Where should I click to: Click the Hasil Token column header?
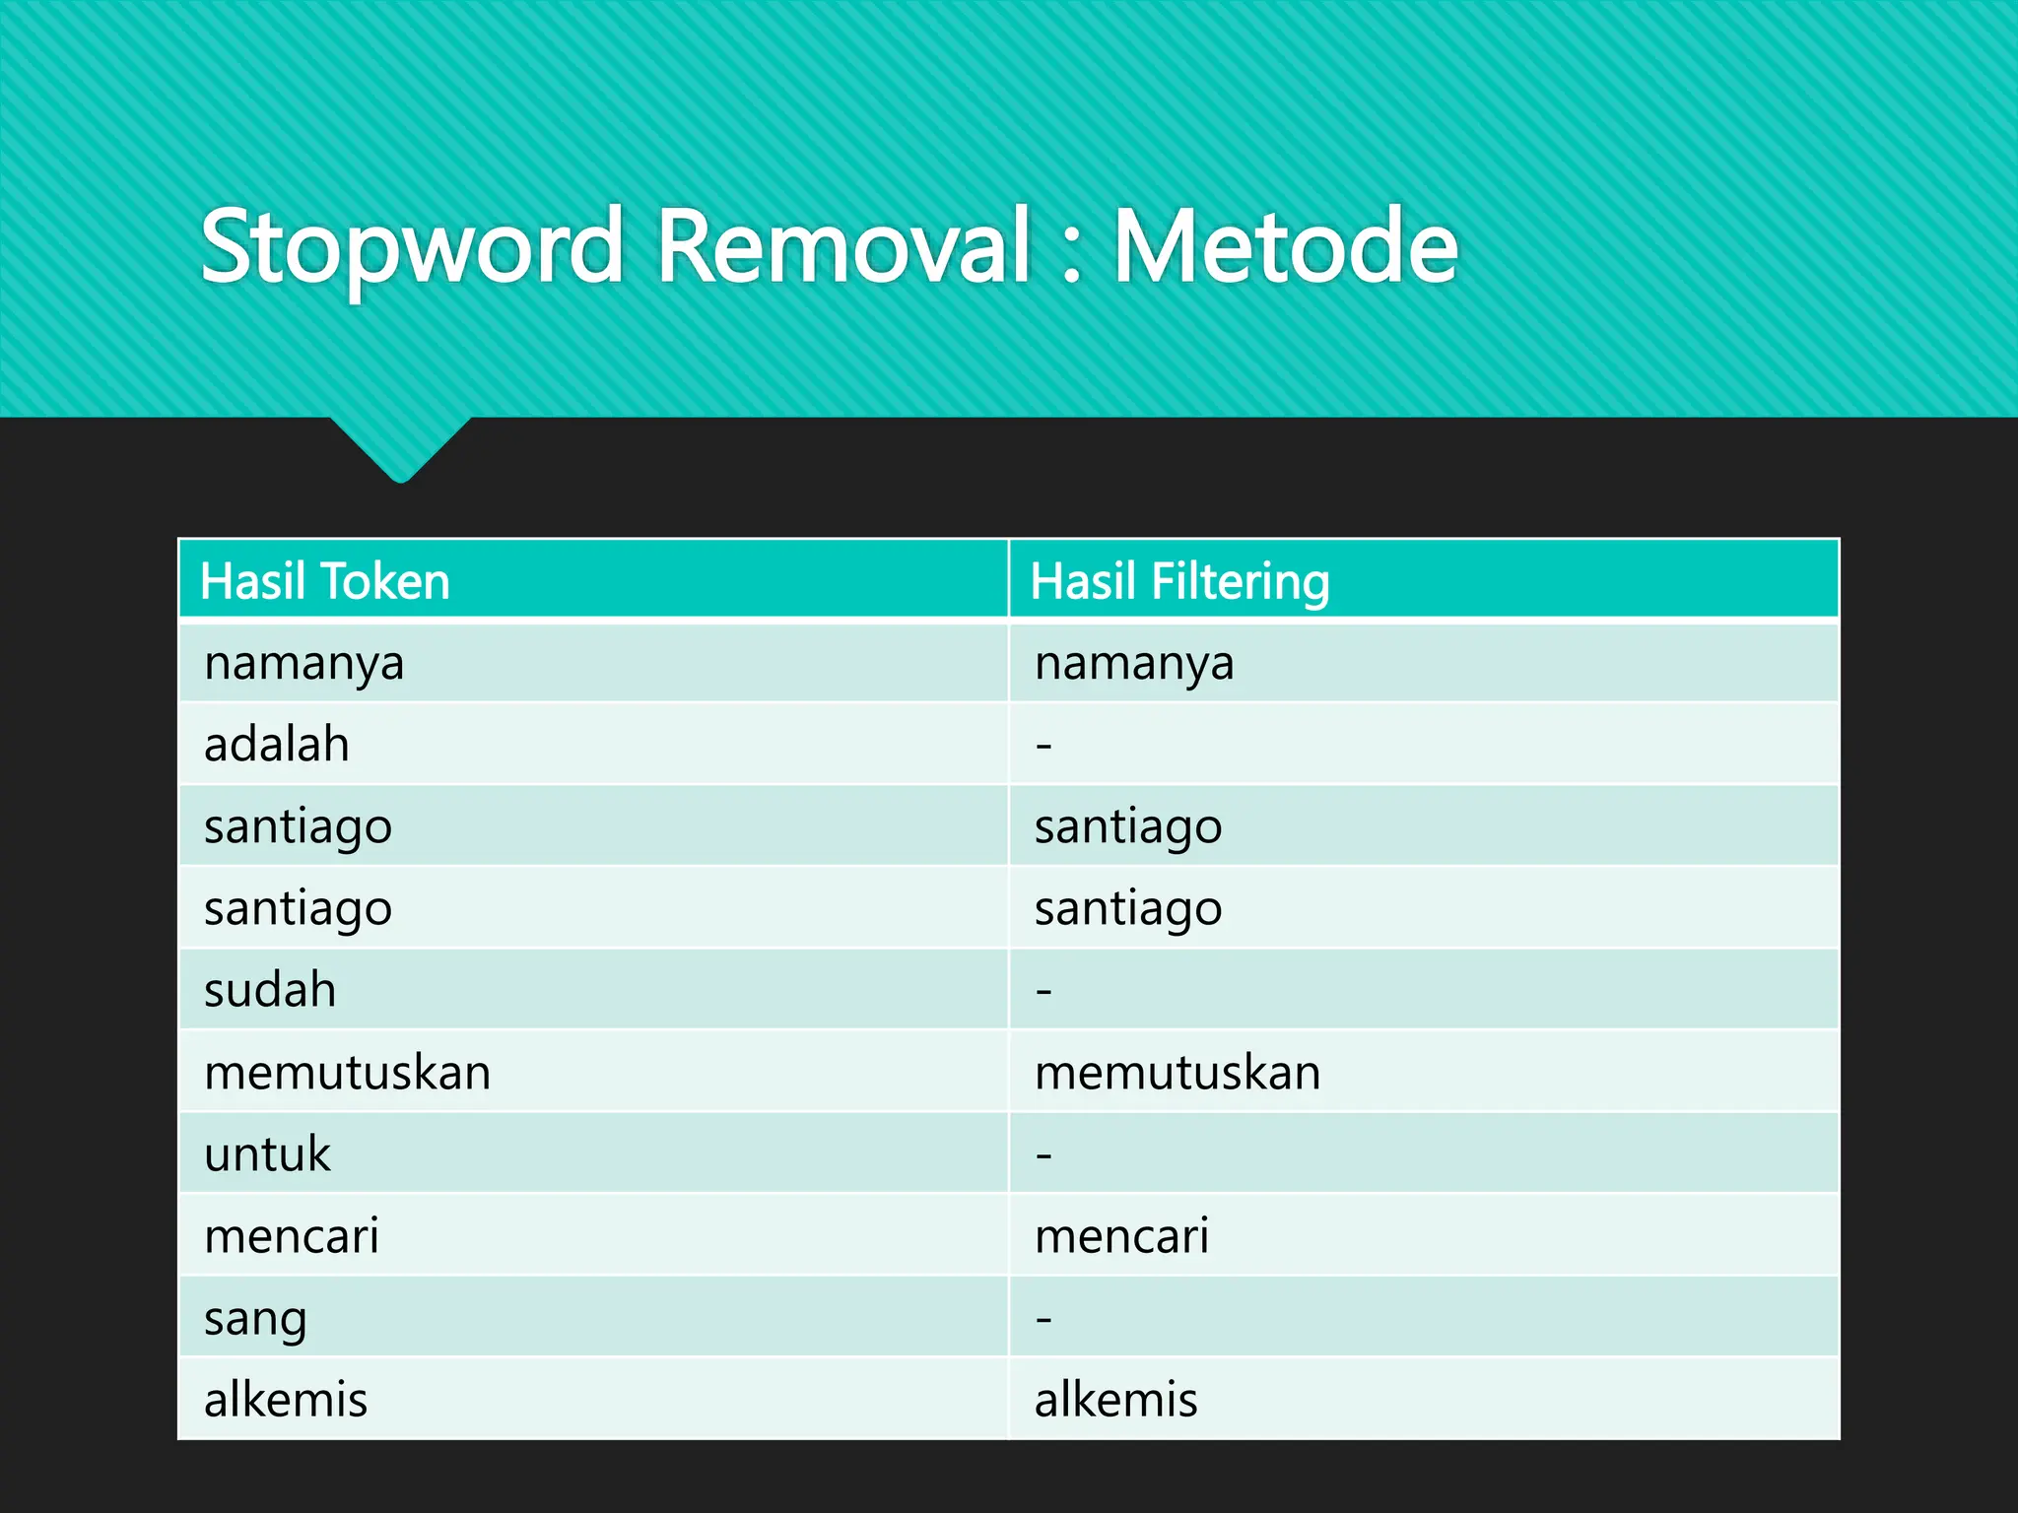pos(325,581)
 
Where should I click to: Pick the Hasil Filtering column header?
pos(1179,581)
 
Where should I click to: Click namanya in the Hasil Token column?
pos(303,664)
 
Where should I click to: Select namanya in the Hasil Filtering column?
pos(1134,664)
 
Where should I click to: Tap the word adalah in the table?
pos(277,745)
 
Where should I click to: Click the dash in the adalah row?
pos(1044,746)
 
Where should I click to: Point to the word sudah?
pos(270,990)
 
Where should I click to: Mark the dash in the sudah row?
pos(1044,991)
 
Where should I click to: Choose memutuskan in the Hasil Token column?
pos(347,1073)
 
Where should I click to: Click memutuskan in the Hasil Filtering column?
pos(1177,1073)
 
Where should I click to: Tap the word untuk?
pos(267,1153)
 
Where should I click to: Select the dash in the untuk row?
pos(1044,1154)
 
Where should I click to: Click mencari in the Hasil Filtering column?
pos(1121,1236)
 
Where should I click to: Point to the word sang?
pos(255,1319)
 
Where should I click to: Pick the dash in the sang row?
pos(1044,1319)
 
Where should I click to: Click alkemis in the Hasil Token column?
pos(286,1400)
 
